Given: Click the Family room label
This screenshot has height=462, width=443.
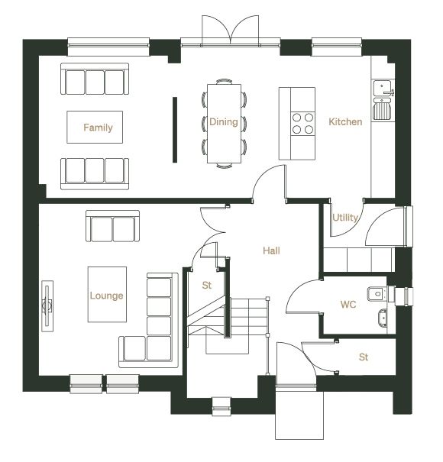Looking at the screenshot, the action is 98,128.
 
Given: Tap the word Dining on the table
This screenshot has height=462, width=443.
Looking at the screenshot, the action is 224,122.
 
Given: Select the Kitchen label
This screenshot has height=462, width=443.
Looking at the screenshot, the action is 345,121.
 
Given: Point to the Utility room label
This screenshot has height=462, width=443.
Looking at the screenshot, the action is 345,218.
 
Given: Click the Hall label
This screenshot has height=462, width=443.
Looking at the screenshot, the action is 271,250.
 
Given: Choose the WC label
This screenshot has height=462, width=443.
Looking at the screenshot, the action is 348,305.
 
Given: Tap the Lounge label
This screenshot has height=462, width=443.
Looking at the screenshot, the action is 106,296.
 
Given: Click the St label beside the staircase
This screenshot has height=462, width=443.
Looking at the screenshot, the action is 207,285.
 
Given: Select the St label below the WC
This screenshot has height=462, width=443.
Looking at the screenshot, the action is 364,357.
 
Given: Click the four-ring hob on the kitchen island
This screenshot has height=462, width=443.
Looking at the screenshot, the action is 302,124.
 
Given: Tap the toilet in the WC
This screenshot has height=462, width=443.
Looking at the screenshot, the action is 377,294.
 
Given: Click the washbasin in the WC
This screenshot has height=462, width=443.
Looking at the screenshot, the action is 383,318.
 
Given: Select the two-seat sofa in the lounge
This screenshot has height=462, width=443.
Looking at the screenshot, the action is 112,226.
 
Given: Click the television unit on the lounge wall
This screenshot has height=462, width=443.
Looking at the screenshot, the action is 47,306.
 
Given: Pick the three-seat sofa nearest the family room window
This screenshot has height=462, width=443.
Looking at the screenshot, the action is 95,79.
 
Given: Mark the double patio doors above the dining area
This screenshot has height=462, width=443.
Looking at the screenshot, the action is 230,31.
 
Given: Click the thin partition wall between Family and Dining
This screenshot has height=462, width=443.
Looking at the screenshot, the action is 175,130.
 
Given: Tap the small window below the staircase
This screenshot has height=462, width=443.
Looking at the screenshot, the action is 221,407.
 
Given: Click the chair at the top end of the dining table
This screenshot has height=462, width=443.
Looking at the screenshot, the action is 224,81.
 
